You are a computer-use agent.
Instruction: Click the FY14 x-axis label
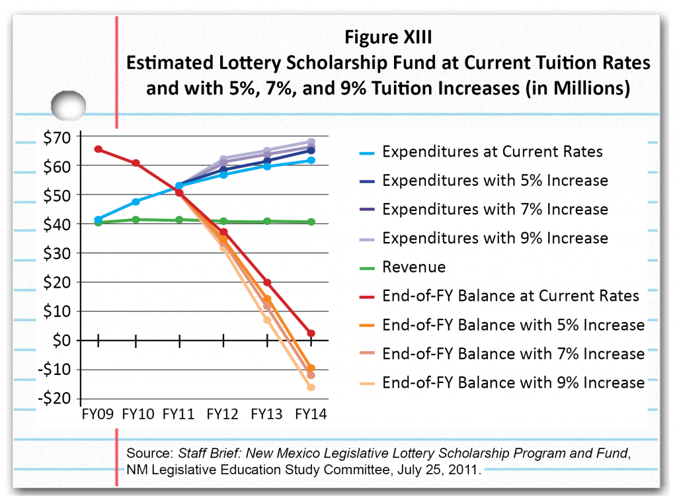point(311,414)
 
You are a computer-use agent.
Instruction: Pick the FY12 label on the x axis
point(223,414)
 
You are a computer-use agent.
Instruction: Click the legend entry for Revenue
point(414,267)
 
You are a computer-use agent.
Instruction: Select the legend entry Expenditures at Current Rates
point(493,152)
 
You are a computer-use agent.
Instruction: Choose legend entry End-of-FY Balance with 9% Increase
point(513,382)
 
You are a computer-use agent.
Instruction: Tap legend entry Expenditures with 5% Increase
point(495,181)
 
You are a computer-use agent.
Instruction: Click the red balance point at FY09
point(99,149)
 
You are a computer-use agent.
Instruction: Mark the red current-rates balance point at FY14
point(311,333)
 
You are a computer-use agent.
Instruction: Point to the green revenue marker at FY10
point(136,220)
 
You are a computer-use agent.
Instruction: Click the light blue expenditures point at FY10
point(136,202)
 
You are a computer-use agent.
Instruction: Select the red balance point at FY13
point(267,282)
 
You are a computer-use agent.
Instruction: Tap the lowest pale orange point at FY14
point(311,387)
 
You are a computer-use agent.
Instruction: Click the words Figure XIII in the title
point(389,36)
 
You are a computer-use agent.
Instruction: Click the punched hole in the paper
point(69,106)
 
